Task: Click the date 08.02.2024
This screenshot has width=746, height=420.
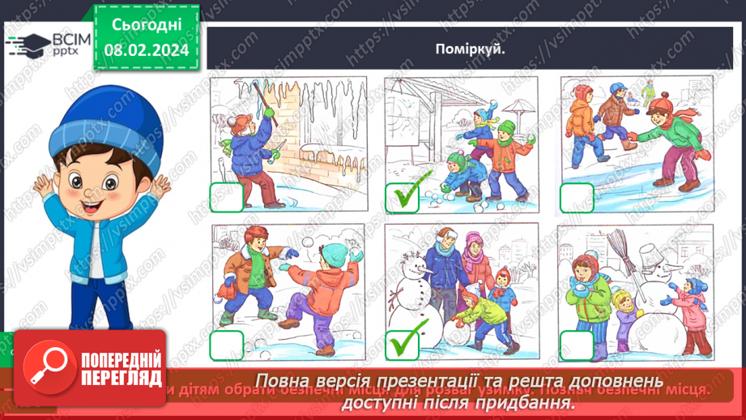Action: tap(147, 50)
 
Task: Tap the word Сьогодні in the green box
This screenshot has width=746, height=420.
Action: tap(147, 26)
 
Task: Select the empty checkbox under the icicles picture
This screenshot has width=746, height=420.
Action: tap(227, 197)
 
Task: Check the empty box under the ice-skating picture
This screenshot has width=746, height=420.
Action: tap(577, 197)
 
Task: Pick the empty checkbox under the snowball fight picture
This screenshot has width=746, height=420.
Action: tap(227, 345)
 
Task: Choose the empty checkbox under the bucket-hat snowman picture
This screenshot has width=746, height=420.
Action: tap(577, 345)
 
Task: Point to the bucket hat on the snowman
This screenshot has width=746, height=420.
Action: tap(649, 257)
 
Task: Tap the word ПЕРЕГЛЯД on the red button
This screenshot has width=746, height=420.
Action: tap(121, 379)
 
